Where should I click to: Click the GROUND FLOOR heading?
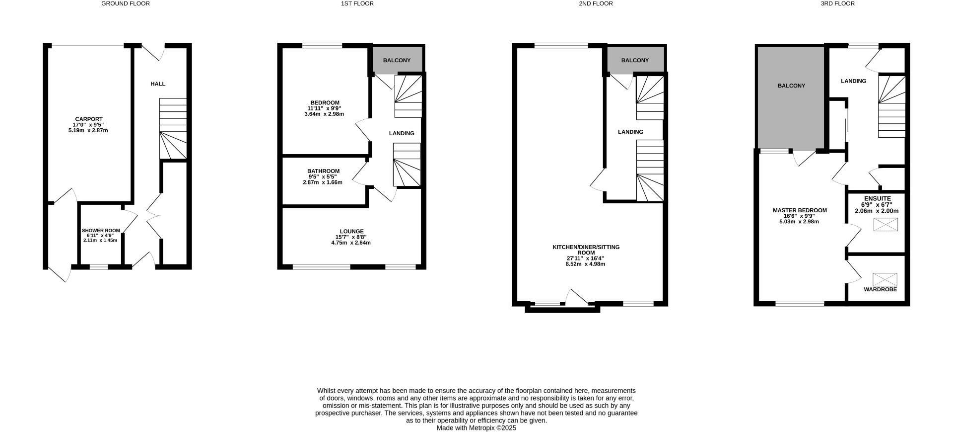tap(125, 3)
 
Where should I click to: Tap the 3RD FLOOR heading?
tap(837, 3)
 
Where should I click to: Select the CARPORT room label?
tap(88, 119)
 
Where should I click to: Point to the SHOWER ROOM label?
tap(101, 231)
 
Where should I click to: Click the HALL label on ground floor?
tap(158, 84)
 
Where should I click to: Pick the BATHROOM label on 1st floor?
tap(323, 171)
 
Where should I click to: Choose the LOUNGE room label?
tap(351, 231)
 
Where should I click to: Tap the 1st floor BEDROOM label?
tap(325, 103)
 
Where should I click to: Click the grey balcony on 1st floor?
tap(397, 60)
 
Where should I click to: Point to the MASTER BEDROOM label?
tap(800, 210)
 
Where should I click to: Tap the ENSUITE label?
tap(877, 198)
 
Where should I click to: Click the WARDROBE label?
tap(880, 289)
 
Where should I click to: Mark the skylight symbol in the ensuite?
tap(885, 225)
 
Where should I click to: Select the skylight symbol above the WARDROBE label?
tap(885, 279)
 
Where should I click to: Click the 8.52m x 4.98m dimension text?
tap(585, 264)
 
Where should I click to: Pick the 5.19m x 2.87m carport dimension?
tap(88, 130)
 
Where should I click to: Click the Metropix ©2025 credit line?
tap(476, 428)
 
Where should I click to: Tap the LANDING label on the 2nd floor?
tap(630, 132)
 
